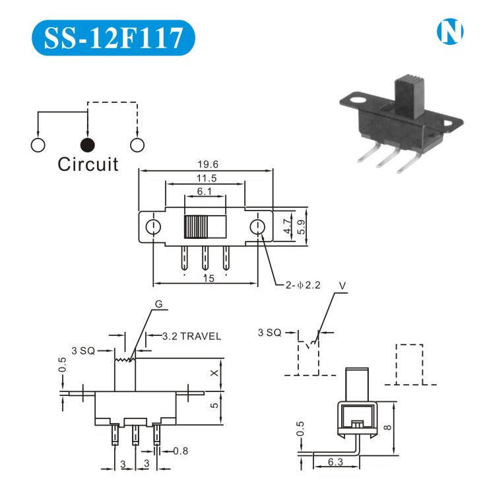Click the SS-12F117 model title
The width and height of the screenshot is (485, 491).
112,38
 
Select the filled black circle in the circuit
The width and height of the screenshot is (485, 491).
87,145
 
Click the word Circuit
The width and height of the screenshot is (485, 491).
88,164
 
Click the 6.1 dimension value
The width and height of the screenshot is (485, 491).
205,191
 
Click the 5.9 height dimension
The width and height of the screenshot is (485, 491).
302,228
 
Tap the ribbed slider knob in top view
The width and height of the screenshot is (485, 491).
195,228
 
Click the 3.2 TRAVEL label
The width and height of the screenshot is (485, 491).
191,336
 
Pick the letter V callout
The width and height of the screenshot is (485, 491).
341,286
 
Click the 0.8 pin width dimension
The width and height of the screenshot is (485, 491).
181,452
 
